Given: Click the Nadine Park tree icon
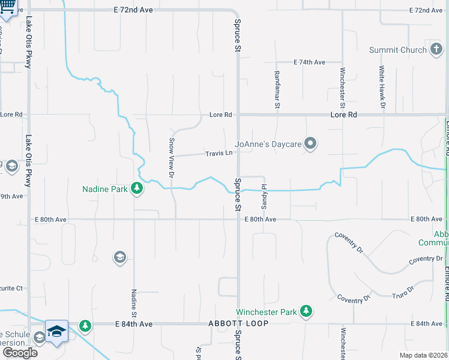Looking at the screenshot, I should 137,189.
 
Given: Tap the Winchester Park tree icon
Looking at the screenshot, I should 307,311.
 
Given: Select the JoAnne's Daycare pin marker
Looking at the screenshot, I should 310,143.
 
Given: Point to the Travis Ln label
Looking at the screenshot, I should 219,154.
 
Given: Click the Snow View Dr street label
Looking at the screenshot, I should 171,158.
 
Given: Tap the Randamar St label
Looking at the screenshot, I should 277,88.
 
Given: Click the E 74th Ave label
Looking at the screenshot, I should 309,62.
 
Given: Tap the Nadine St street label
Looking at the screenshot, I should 134,303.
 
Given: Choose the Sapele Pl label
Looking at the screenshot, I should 263,191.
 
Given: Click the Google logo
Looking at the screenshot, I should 19,352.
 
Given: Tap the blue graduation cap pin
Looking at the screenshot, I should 56,331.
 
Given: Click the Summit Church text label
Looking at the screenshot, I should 397,50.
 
